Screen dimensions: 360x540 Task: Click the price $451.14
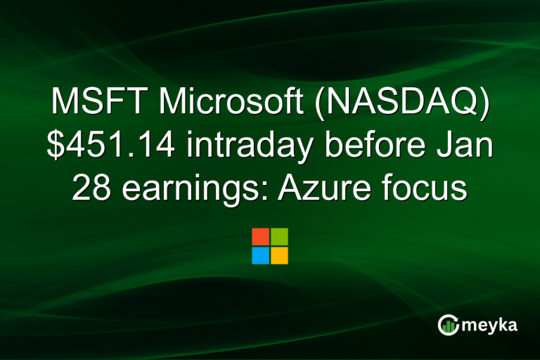click(109, 146)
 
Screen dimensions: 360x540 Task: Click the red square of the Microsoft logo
click(260, 236)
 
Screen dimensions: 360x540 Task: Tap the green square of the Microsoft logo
click(279, 236)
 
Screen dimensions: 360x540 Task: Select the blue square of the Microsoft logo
click(260, 255)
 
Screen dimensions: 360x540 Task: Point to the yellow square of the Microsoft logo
click(279, 255)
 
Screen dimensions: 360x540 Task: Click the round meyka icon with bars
click(448, 325)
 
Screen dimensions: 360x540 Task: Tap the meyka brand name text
click(491, 326)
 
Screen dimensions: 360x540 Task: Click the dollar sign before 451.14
click(56, 146)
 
